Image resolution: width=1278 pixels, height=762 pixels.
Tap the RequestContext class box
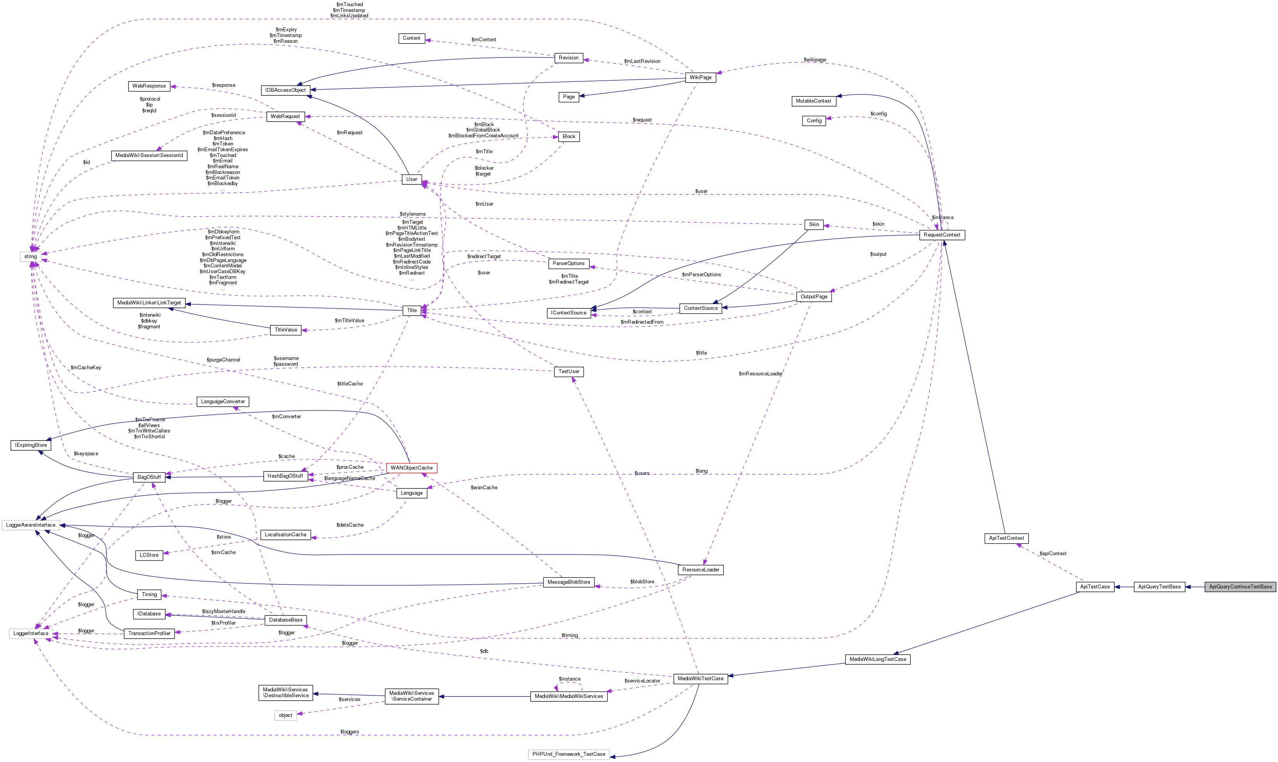point(942,235)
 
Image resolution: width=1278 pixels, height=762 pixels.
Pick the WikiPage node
point(700,77)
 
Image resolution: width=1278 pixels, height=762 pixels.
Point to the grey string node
point(31,256)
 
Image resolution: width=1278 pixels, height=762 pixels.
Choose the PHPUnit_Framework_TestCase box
point(569,754)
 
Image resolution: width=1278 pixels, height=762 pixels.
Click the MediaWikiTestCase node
point(700,678)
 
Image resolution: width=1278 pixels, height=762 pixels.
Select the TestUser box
point(569,371)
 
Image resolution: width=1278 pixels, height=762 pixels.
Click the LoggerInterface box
point(31,633)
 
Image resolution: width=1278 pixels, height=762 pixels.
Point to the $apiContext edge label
point(1052,554)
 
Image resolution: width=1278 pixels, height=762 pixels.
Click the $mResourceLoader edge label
point(760,373)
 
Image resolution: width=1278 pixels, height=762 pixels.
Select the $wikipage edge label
point(815,59)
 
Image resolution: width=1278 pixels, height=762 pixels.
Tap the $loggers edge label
point(350,732)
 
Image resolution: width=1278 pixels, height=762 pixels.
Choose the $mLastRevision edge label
point(642,61)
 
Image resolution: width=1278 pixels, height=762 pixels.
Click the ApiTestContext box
point(1006,538)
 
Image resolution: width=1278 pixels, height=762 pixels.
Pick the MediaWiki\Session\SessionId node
point(149,155)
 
